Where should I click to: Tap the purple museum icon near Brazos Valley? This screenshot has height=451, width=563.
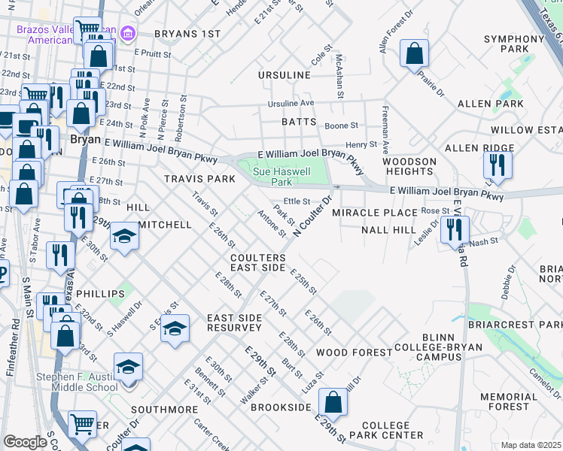point(127,34)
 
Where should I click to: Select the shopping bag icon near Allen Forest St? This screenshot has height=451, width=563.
point(414,54)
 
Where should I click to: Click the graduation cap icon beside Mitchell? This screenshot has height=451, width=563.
point(124,236)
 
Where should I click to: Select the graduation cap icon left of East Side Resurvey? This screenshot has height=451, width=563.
point(175,328)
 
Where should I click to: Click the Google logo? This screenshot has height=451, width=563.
point(25,442)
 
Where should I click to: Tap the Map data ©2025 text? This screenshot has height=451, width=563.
point(531,445)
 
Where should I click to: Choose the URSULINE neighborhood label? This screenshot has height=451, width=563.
point(284,76)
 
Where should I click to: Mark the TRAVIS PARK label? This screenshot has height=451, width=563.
point(200,179)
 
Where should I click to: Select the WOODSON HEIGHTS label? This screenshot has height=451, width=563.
point(409,167)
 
